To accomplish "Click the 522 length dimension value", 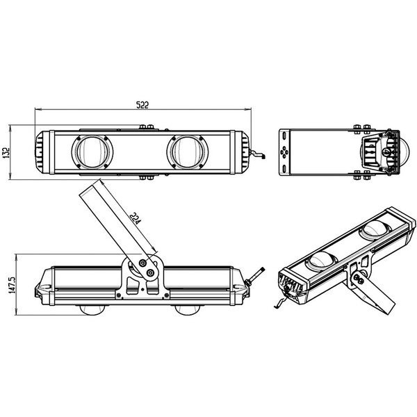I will pos(142,104).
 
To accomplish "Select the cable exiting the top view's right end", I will pos(258,156).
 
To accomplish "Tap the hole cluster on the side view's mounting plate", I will pos(284,152).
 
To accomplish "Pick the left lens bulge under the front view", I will pos(94,309).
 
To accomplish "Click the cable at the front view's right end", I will pos(259,274).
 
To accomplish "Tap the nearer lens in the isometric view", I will pos(322,260).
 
